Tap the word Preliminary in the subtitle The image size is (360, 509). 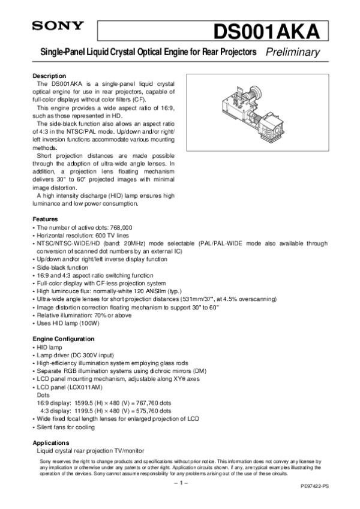[292, 53]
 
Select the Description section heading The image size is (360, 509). [49, 76]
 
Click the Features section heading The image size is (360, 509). [46, 219]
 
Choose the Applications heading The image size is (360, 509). [52, 442]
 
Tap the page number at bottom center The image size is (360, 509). [180, 482]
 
